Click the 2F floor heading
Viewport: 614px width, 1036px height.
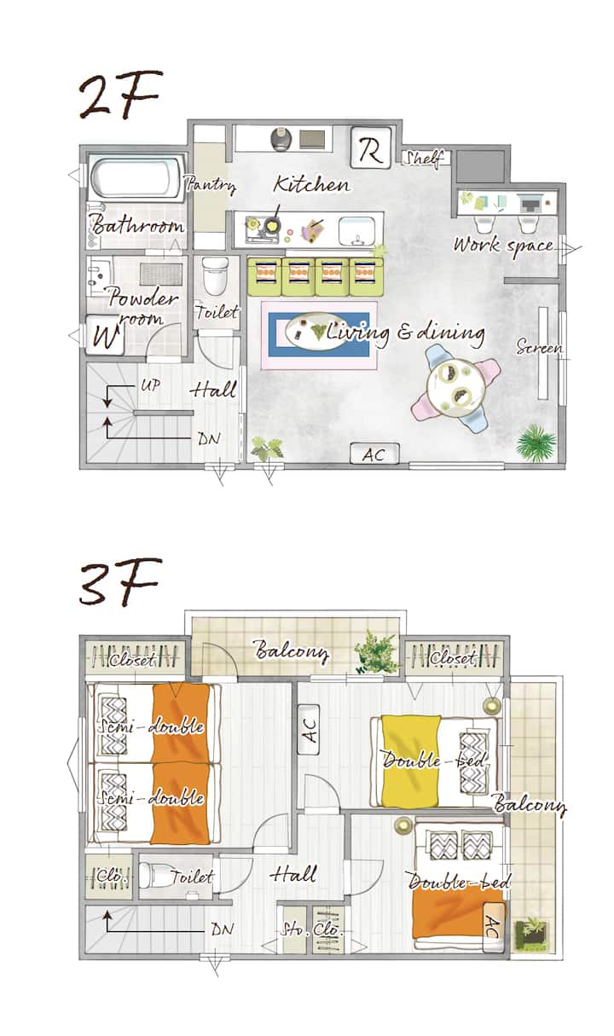click(120, 94)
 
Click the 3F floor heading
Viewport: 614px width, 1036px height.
click(120, 582)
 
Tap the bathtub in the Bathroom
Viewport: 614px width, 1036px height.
click(136, 177)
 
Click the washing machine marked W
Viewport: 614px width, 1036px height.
click(106, 335)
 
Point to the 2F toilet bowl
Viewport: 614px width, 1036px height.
click(215, 276)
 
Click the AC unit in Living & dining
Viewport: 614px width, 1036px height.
click(374, 454)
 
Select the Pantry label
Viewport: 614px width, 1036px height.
click(211, 185)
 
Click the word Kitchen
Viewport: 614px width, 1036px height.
click(311, 184)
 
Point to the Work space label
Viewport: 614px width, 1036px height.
click(503, 246)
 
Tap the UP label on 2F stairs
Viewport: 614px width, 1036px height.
click(150, 385)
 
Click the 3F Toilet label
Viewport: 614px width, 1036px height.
click(192, 876)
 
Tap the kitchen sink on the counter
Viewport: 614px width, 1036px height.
click(356, 232)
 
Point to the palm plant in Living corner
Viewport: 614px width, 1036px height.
click(536, 443)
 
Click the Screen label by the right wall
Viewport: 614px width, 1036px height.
click(540, 346)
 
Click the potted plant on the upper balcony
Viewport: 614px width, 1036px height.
click(376, 652)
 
